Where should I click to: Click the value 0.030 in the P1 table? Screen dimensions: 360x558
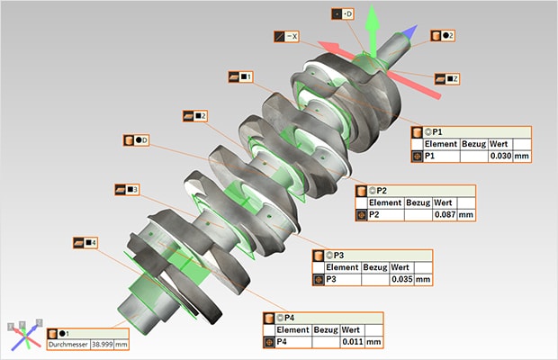pos(499,157)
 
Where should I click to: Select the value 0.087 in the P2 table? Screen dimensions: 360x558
pos(443,215)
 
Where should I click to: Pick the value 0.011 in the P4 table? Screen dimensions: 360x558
pos(351,343)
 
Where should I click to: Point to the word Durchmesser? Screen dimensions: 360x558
pos(67,345)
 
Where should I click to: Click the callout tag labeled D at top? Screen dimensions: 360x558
pos(344,14)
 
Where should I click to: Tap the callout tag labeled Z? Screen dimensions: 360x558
pos(447,79)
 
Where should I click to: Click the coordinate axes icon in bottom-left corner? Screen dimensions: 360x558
pos(24,333)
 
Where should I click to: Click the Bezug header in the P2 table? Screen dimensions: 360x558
pos(418,202)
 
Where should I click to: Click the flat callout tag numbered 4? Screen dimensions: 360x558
pos(85,243)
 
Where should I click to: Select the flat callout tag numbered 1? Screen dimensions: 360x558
pos(240,77)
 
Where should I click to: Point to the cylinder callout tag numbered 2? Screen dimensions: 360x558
pos(442,35)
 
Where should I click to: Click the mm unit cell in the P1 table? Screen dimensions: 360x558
pos(521,157)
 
